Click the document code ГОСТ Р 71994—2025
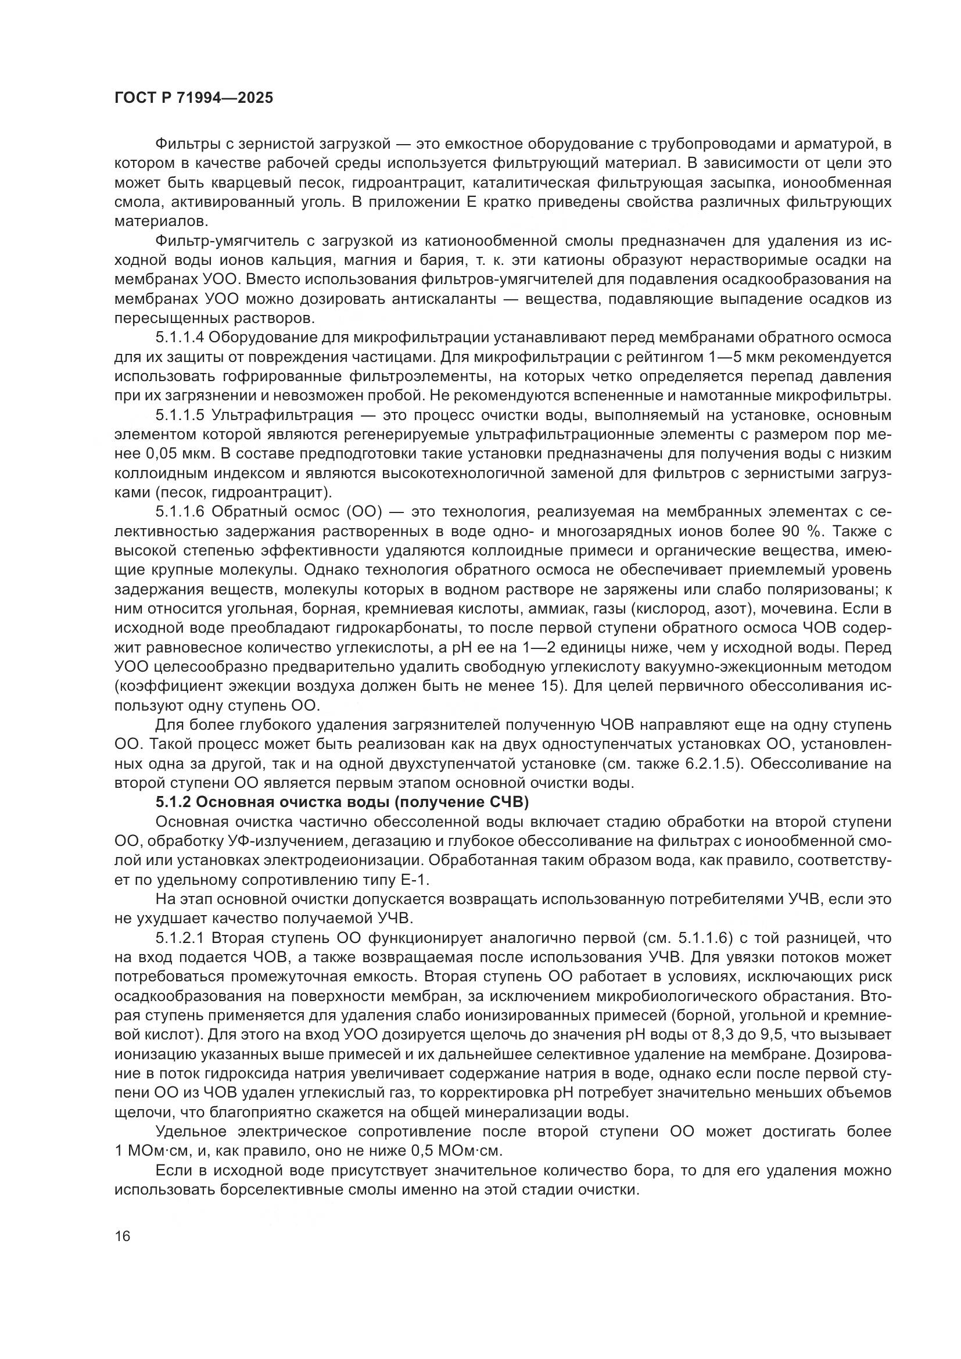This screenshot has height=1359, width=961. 193,98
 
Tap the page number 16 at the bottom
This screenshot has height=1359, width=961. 123,1236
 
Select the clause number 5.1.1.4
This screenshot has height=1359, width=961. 180,338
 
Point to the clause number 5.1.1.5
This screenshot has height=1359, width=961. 180,415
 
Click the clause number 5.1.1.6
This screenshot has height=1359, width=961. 180,511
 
